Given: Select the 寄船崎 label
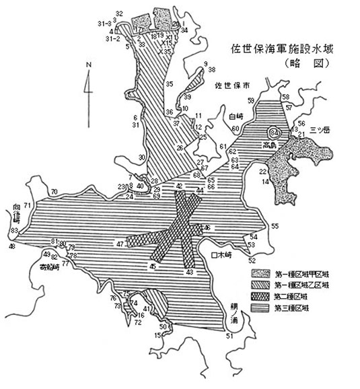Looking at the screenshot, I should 50,266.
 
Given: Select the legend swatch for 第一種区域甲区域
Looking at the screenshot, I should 260,273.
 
